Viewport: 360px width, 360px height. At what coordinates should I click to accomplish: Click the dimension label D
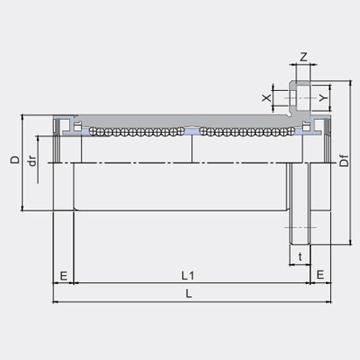(13, 161)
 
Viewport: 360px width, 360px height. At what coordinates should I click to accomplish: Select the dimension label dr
(31, 162)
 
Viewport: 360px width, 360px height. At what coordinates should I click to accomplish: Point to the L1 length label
(188, 274)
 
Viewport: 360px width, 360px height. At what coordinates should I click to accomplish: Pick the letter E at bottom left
(64, 274)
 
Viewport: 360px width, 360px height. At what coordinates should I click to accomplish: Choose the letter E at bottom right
(320, 274)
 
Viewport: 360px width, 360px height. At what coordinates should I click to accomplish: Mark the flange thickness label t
(300, 258)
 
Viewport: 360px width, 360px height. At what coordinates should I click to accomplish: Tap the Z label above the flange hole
(303, 58)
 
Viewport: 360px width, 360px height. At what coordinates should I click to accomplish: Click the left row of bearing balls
(131, 134)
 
